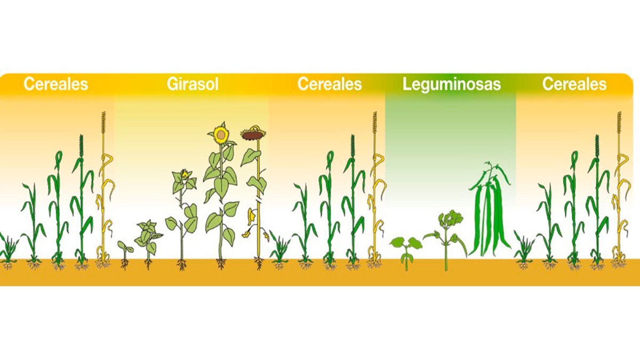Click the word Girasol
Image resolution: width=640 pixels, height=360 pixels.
coord(193,84)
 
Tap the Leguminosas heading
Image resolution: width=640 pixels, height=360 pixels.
coord(452,84)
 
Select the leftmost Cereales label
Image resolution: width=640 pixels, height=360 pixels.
coord(55,84)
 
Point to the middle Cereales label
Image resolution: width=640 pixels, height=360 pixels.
coord(330,84)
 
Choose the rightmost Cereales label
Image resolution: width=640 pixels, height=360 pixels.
coord(574,84)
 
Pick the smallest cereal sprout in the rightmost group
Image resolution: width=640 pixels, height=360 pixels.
coord(524,248)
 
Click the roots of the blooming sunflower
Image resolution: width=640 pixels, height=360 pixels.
coord(221,263)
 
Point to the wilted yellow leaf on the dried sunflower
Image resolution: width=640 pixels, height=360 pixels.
coord(249,219)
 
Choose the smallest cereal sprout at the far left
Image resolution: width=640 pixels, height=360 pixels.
coord(7,248)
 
